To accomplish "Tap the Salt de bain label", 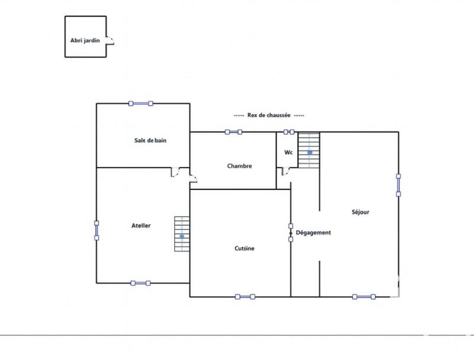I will tap(149, 140).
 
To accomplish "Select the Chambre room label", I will tap(239, 166).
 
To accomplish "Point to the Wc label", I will tap(289, 152).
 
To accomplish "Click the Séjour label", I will tap(360, 211).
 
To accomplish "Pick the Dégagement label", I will tap(313, 233).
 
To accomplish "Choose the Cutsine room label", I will tap(244, 249).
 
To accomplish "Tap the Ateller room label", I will tap(141, 226).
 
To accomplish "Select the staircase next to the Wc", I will tap(309, 150).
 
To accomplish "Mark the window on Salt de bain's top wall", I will tap(140, 104).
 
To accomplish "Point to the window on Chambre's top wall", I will tap(233, 132).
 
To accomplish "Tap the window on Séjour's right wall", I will tap(399, 184).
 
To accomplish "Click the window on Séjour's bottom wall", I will tap(363, 297).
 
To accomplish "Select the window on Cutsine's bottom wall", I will tap(245, 297).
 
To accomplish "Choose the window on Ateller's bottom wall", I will tap(140, 283).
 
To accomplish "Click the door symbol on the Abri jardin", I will tap(110, 40).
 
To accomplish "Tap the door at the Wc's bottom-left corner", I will tap(285, 172).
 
